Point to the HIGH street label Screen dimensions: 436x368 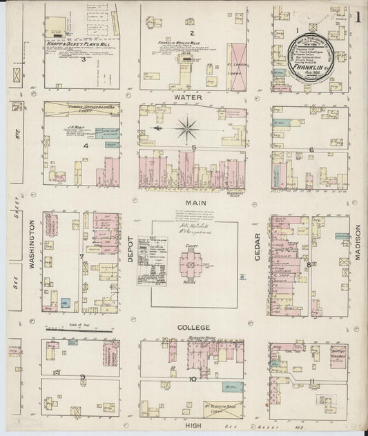tap(194, 428)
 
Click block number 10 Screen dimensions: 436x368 tap(194, 378)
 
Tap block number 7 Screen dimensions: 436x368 tap(82, 257)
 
